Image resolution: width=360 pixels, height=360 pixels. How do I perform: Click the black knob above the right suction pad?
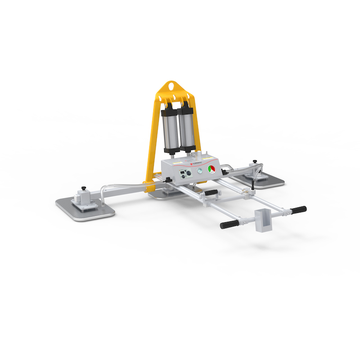(x=255, y=161)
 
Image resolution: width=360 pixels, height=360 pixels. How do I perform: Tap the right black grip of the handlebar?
(x=298, y=210)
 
